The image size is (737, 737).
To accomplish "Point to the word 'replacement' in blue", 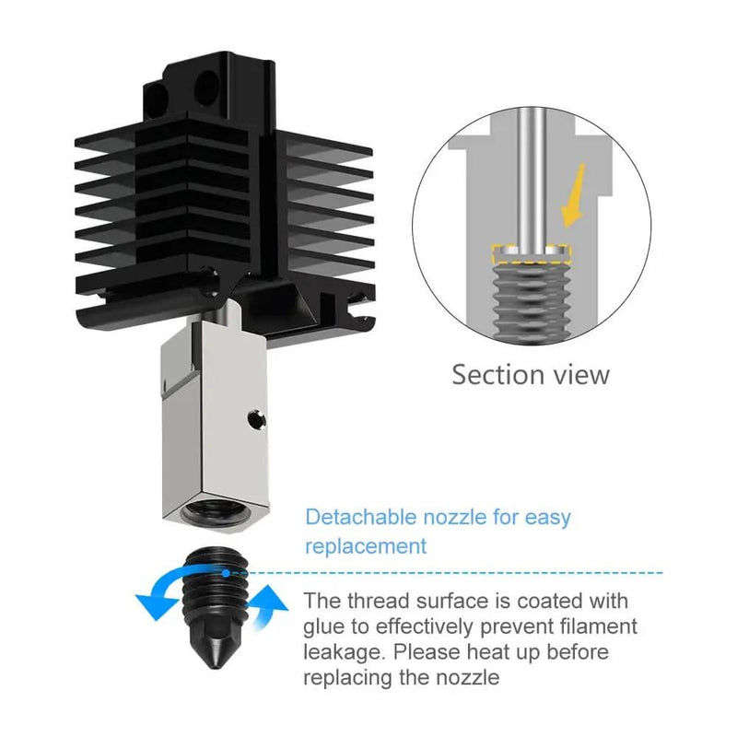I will pos(366,546).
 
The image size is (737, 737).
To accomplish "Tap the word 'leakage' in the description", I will pos(345,653).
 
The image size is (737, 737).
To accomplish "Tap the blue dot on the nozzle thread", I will pos(225,572).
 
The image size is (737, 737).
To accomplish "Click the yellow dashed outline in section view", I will pos(529,249).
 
